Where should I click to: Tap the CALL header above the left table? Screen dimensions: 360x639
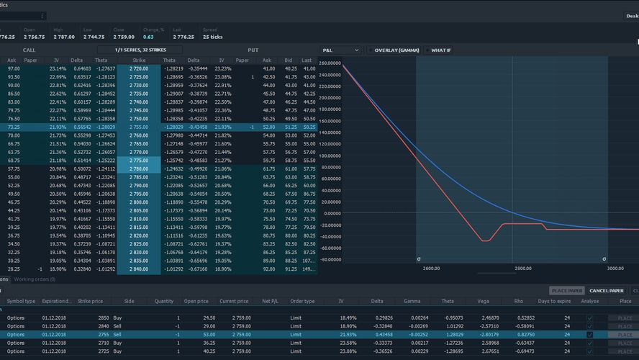point(30,50)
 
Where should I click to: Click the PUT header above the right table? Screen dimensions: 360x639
point(253,50)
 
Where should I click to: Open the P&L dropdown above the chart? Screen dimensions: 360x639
point(340,50)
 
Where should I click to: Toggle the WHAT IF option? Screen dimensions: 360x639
point(428,50)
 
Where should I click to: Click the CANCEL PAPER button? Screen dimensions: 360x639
point(607,290)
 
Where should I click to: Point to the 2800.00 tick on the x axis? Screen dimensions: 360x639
point(523,269)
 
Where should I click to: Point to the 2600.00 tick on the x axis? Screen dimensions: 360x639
point(431,269)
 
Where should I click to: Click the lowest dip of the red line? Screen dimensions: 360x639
point(487,240)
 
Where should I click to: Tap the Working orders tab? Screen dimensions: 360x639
point(34,279)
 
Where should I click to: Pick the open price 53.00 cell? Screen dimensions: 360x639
point(191,335)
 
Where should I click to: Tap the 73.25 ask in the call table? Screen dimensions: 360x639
point(14,127)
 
